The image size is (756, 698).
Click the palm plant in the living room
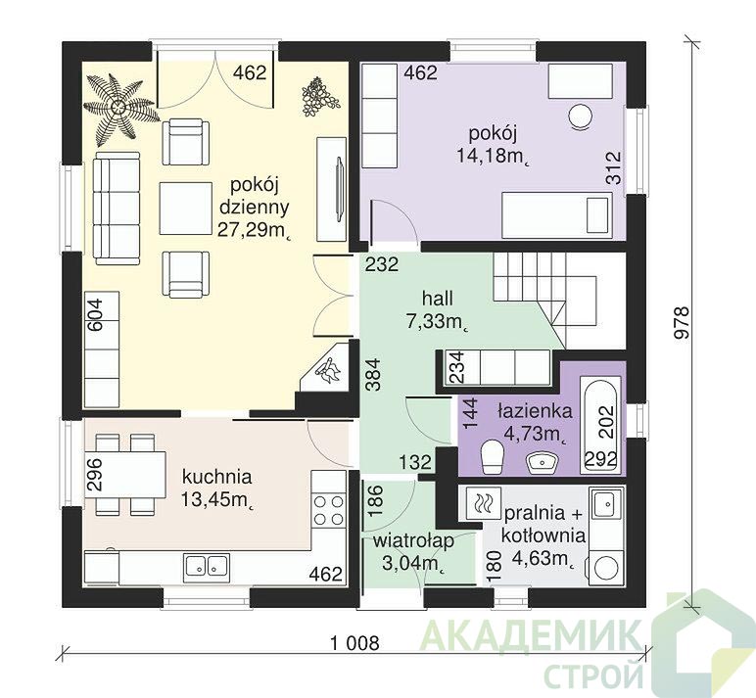click(x=118, y=108)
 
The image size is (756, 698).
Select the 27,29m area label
click(x=254, y=229)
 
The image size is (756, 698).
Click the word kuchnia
click(x=217, y=477)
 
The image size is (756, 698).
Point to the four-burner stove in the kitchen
click(x=329, y=510)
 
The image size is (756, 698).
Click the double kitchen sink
click(x=208, y=565)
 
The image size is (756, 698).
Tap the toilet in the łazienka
click(x=493, y=455)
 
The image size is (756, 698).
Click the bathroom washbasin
click(x=543, y=463)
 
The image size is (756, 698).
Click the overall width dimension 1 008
click(x=354, y=642)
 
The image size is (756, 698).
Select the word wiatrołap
click(x=413, y=541)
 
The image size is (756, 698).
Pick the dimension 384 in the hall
click(x=374, y=376)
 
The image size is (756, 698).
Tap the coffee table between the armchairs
click(x=186, y=208)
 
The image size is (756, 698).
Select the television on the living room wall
click(x=340, y=189)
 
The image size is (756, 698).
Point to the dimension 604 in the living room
click(x=95, y=315)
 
